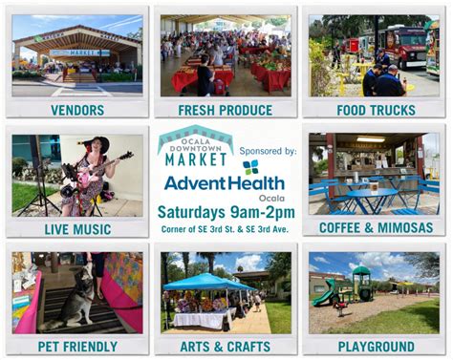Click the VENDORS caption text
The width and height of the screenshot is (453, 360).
[77, 110]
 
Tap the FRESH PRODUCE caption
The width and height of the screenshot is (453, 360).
[225, 110]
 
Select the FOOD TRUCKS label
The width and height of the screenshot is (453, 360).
[375, 110]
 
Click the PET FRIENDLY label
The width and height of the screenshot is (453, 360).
[77, 346]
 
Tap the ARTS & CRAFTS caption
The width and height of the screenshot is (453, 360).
[225, 346]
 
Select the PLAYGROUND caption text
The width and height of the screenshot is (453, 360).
[375, 346]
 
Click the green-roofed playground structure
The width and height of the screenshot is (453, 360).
[361, 281]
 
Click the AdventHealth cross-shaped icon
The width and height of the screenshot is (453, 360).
[250, 167]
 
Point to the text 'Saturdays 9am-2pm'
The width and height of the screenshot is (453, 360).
[226, 211]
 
